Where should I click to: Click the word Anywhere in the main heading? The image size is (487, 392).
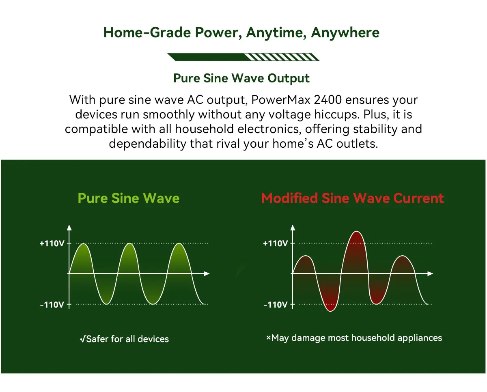pyautogui.click(x=345, y=33)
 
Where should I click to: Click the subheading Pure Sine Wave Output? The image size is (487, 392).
pyautogui.click(x=241, y=79)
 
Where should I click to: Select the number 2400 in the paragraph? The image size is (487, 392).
pyautogui.click(x=328, y=100)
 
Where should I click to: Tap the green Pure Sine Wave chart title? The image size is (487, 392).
pyautogui.click(x=129, y=198)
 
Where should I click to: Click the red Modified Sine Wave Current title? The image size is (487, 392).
pyautogui.click(x=352, y=198)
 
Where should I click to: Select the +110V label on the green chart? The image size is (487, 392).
pyautogui.click(x=52, y=243)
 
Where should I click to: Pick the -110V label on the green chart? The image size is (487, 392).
pyautogui.click(x=52, y=305)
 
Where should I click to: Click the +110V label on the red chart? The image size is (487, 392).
pyautogui.click(x=276, y=243)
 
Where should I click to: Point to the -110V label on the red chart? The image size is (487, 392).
pyautogui.click(x=276, y=305)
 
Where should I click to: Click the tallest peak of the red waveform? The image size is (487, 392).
pyautogui.click(x=356, y=231)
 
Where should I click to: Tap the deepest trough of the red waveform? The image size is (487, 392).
pyautogui.click(x=330, y=311)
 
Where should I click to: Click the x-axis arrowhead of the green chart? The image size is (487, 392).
pyautogui.click(x=207, y=274)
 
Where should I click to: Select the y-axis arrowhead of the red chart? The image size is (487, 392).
pyautogui.click(x=293, y=228)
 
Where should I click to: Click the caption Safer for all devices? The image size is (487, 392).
pyautogui.click(x=124, y=339)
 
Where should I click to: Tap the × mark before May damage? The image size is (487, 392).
pyautogui.click(x=268, y=338)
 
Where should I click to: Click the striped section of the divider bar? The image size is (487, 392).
pyautogui.click(x=282, y=57)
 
